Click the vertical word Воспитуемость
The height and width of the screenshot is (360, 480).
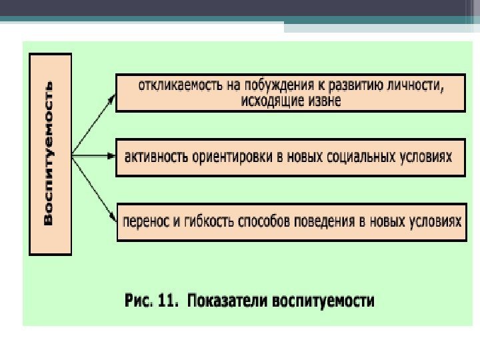(49, 155)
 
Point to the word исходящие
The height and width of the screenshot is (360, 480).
(269, 101)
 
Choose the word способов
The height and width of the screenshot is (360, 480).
(255, 221)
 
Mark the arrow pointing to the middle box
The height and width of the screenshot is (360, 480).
(93, 157)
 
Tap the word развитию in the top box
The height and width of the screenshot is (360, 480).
(349, 85)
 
